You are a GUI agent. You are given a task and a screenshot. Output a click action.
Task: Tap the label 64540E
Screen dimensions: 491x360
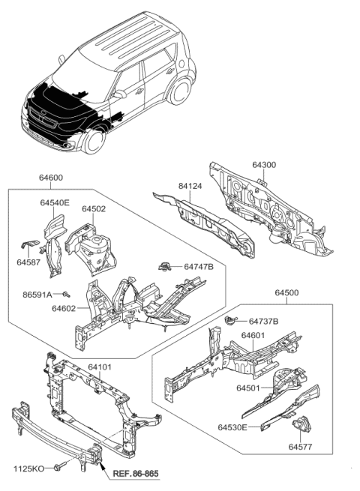(x=55, y=203)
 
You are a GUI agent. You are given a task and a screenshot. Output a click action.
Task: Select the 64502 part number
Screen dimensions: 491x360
(x=94, y=209)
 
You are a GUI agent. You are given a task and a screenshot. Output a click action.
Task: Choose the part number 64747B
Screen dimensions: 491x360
(x=198, y=267)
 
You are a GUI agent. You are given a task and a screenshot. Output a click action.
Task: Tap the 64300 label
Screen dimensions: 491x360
(x=264, y=164)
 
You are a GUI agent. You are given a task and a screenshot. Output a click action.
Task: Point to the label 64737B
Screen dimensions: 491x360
(x=263, y=322)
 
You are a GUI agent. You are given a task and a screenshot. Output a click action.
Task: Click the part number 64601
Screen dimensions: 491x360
(x=253, y=335)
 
